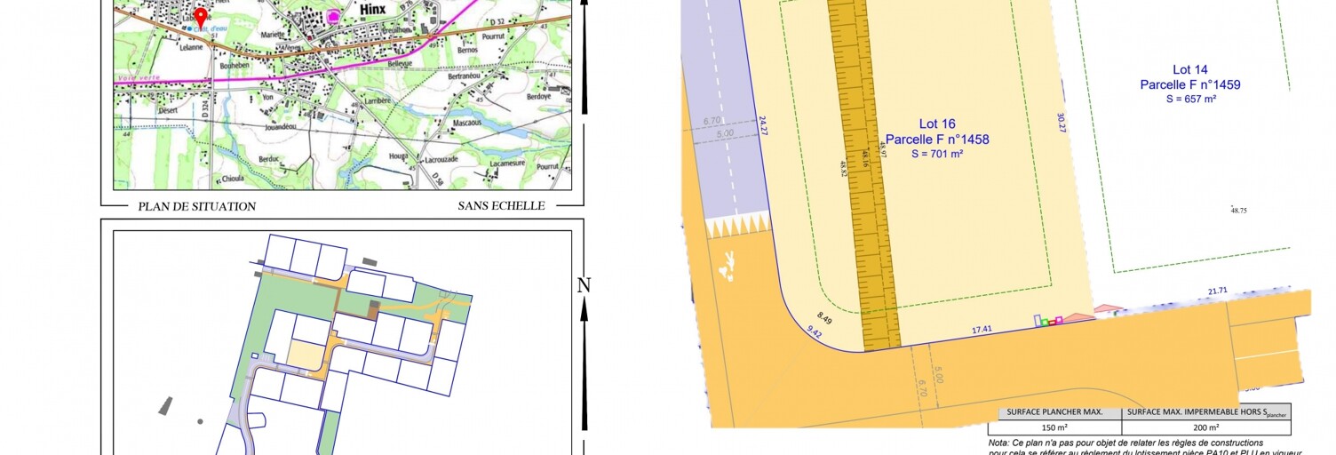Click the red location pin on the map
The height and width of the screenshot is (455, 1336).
[201, 17]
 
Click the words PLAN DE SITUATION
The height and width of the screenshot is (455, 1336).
[196, 206]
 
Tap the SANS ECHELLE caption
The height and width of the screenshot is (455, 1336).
[501, 206]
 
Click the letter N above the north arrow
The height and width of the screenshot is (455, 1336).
[584, 285]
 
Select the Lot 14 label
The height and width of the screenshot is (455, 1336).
[1190, 69]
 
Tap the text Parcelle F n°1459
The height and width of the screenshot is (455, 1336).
[1190, 84]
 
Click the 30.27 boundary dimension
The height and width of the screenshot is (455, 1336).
[1061, 124]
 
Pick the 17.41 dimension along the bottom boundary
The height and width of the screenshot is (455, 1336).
[981, 330]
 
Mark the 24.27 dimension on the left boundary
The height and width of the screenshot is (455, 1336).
[762, 125]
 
